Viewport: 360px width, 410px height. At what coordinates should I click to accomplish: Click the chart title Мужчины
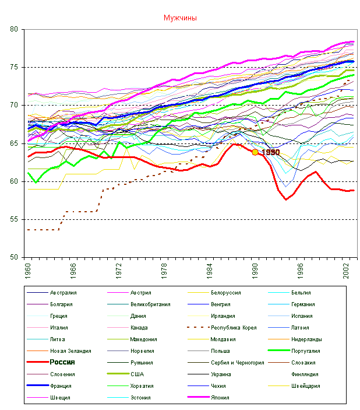tap(180, 18)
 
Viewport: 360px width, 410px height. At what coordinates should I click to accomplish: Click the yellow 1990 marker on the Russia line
tap(255, 152)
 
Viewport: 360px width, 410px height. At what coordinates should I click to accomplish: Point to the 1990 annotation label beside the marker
tap(270, 152)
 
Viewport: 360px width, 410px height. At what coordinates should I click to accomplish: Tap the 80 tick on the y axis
tap(14, 29)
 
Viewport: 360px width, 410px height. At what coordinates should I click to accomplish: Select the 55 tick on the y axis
tap(14, 219)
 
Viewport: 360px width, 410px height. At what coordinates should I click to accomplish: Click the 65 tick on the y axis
tap(14, 143)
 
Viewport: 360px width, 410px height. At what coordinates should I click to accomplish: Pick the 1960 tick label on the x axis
tap(27, 269)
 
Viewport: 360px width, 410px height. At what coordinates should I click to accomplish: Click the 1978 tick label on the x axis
tap(164, 269)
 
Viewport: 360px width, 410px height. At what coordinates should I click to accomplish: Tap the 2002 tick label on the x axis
tap(345, 269)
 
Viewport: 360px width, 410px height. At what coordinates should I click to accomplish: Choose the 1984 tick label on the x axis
tap(209, 269)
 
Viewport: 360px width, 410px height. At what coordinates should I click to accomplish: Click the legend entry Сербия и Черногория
tap(237, 362)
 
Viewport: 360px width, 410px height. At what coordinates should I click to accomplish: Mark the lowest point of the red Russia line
tap(285, 200)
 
